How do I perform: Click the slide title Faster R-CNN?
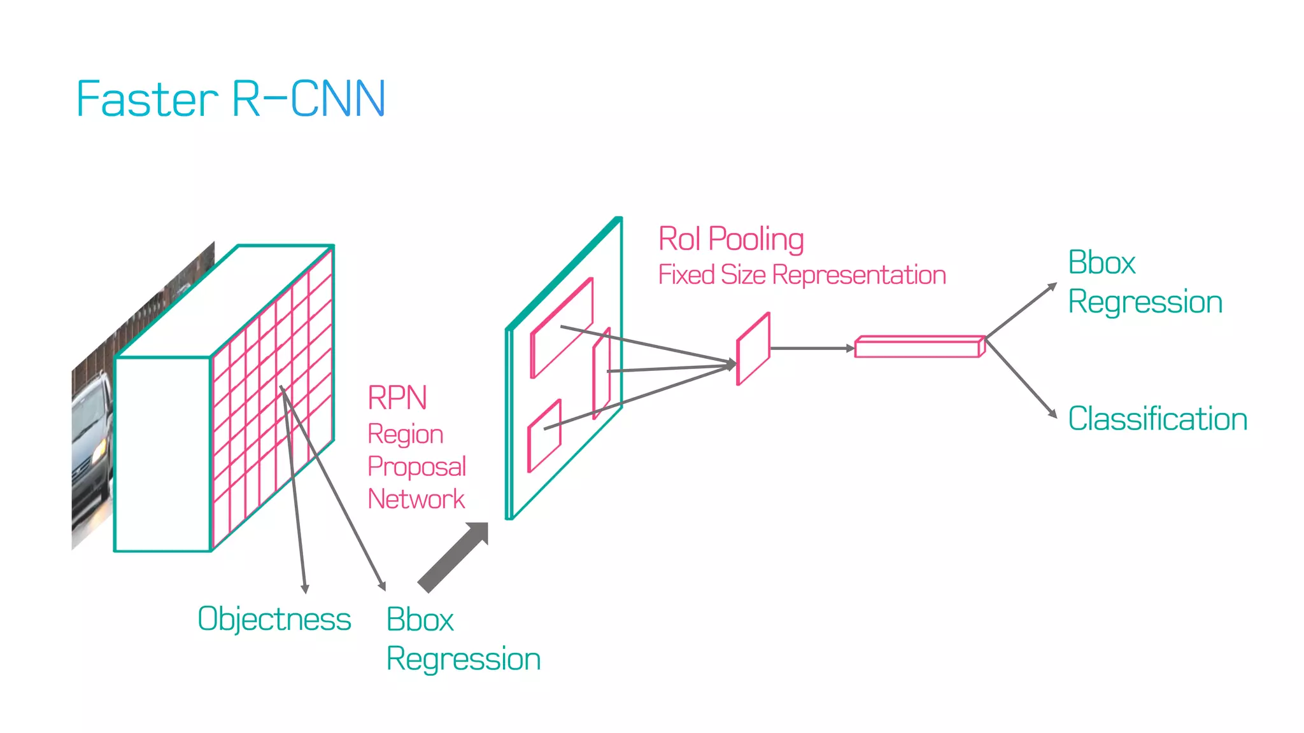(230, 99)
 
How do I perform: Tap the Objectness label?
(274, 619)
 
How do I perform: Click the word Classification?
(1157, 419)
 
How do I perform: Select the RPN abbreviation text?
(397, 398)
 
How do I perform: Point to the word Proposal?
(416, 466)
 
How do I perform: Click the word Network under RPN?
(416, 499)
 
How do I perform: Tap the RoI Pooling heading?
(731, 239)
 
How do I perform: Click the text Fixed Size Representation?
(802, 275)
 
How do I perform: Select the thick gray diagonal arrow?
(453, 558)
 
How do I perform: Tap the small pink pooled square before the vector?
(753, 349)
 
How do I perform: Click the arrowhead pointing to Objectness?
(305, 589)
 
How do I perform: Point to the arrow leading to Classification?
(1021, 379)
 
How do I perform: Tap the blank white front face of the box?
(162, 454)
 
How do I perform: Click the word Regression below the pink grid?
(463, 659)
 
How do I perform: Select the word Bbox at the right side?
(1102, 263)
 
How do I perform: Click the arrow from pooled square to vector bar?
(812, 348)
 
